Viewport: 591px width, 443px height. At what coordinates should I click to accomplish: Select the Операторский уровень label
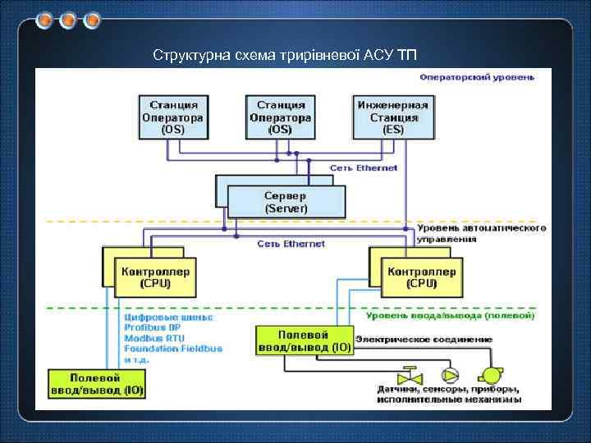[x=476, y=78]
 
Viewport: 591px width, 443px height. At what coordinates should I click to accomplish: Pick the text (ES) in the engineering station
[x=392, y=129]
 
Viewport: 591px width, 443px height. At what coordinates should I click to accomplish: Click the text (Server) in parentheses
[x=286, y=208]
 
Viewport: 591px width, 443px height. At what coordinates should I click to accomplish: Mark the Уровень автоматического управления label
[x=481, y=233]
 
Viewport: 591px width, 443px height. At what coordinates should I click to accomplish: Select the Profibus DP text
[x=153, y=327]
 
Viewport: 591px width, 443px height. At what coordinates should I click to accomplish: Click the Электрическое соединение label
[x=424, y=339]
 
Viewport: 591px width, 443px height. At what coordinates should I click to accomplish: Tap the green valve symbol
[x=408, y=377]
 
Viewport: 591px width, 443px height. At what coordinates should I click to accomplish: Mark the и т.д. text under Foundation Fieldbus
[x=137, y=359]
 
